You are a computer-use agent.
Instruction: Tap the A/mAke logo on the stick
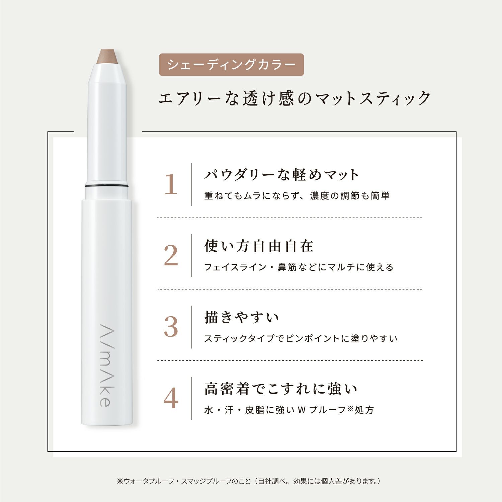click(x=105, y=365)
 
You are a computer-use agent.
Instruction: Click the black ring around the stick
click(x=107, y=185)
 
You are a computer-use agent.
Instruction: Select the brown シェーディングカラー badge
click(x=231, y=65)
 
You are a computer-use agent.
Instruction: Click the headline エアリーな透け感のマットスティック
click(x=295, y=98)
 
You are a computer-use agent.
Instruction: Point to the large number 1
click(x=171, y=184)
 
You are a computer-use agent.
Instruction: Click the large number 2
click(x=171, y=256)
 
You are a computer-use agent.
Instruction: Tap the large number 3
click(x=171, y=327)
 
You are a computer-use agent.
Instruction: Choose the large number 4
click(x=171, y=398)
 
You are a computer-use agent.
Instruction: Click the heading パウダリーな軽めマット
click(x=282, y=175)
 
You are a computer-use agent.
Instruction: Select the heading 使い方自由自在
click(x=259, y=246)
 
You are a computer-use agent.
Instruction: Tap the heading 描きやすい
click(x=242, y=317)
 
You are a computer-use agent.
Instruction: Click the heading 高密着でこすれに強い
click(x=281, y=389)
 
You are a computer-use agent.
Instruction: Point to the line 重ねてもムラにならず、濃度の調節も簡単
click(x=297, y=196)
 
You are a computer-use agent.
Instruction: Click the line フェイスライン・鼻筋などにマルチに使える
click(x=299, y=267)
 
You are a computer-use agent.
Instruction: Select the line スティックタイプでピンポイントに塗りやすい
click(x=301, y=338)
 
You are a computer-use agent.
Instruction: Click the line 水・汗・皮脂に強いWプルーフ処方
click(x=289, y=410)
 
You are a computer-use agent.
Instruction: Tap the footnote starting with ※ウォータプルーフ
click(x=249, y=481)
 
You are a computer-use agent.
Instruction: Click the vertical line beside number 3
click(x=192, y=327)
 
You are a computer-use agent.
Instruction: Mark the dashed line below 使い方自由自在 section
click(x=290, y=289)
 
